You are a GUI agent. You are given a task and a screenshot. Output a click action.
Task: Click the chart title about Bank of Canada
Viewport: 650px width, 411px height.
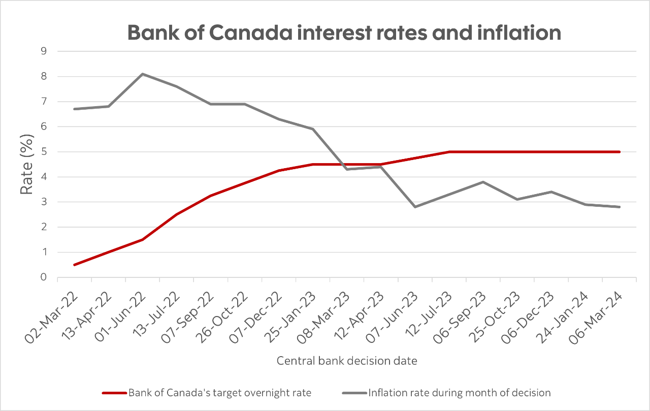click(344, 33)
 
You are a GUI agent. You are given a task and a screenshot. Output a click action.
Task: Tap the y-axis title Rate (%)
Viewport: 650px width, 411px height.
click(26, 164)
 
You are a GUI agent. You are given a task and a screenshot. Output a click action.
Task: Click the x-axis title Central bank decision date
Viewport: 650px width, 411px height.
click(347, 361)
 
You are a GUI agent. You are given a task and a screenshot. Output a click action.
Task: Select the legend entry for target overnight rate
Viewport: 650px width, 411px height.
click(207, 392)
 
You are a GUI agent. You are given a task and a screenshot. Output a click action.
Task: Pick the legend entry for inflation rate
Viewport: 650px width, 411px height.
click(445, 392)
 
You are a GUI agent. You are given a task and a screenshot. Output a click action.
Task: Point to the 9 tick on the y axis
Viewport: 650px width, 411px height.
click(44, 51)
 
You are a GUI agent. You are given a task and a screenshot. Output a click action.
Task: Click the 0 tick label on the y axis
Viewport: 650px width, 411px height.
click(44, 277)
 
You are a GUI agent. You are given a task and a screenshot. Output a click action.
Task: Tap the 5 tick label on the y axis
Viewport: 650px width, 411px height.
click(44, 151)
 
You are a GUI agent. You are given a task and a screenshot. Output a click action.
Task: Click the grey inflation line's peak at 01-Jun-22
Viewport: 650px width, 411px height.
click(143, 74)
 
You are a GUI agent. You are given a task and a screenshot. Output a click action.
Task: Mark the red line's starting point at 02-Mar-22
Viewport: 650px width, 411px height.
click(75, 265)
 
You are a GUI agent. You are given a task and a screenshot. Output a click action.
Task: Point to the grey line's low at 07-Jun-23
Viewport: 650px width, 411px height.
click(415, 207)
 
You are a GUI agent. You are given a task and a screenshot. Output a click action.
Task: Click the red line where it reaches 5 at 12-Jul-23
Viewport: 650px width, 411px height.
click(449, 151)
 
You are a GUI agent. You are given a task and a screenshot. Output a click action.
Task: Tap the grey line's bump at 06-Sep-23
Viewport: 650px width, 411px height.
click(483, 182)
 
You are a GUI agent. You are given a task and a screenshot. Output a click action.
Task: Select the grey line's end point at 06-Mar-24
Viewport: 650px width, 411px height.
click(619, 207)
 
